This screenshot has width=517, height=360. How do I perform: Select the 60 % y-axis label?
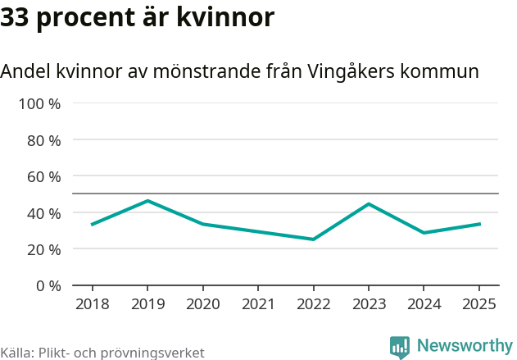(x=44, y=176)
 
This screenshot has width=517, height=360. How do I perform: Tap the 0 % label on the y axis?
(x=48, y=285)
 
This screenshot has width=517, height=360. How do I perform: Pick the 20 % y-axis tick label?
(x=44, y=249)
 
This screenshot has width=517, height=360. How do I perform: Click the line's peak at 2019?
(x=147, y=201)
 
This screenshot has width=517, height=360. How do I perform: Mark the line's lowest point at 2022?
(x=313, y=239)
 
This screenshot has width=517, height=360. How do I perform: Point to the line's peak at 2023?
(x=369, y=203)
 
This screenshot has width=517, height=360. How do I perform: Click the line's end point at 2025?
(x=479, y=224)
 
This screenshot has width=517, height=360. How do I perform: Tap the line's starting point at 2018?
(x=93, y=224)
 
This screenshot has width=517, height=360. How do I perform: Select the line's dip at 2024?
(x=424, y=233)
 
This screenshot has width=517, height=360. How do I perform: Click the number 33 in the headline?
(x=16, y=16)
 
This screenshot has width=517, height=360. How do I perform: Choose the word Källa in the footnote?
(x=16, y=353)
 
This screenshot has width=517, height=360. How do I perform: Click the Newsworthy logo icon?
(x=400, y=347)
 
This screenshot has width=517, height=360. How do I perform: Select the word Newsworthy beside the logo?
(x=465, y=345)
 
